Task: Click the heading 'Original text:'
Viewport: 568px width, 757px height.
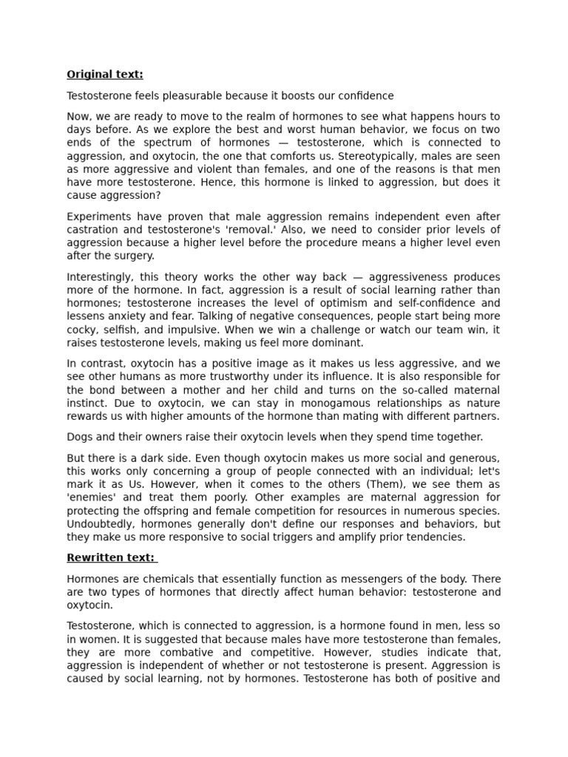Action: coord(105,74)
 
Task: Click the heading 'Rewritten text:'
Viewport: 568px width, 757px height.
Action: coord(111,557)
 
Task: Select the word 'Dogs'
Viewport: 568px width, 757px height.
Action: coord(79,436)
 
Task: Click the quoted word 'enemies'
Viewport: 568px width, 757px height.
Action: coord(90,498)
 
